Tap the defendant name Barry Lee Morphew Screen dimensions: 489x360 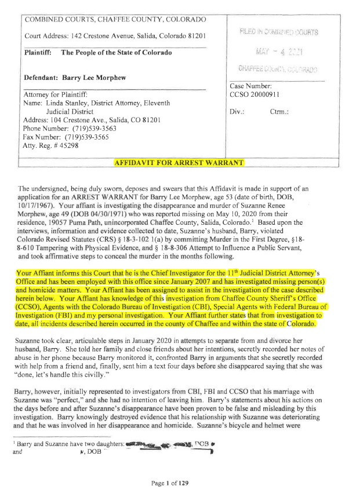coord(99,77)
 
